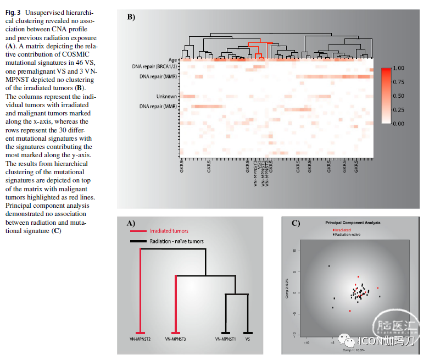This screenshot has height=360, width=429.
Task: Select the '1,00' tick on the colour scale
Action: (x=399, y=68)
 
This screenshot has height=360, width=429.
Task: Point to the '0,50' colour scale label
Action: (x=399, y=96)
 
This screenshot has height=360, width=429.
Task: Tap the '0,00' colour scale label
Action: (x=399, y=124)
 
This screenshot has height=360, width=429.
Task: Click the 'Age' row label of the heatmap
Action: (x=172, y=59)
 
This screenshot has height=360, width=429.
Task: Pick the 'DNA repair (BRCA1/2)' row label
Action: (x=154, y=67)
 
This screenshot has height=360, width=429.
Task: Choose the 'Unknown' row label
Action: (x=166, y=96)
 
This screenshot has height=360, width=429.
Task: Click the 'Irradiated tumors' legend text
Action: (x=169, y=231)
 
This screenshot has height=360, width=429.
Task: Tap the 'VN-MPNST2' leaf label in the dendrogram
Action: (x=141, y=340)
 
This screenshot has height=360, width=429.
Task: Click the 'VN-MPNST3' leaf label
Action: (x=176, y=340)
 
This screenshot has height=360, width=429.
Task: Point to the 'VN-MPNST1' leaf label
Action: (x=225, y=340)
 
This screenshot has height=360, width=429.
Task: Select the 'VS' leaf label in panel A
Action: (x=248, y=340)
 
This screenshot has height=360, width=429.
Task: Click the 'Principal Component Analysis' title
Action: (x=353, y=223)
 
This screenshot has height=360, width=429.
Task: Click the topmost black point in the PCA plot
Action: (x=329, y=266)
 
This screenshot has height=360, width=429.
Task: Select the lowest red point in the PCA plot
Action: (x=350, y=311)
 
